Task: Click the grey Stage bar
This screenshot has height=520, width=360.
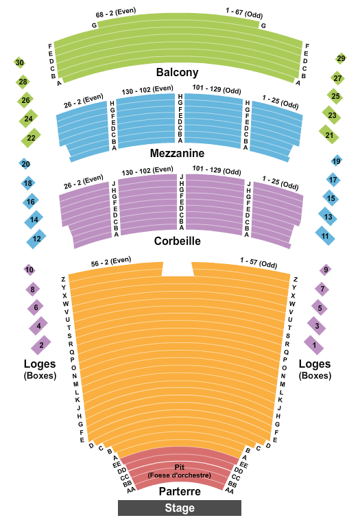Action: pos(180,508)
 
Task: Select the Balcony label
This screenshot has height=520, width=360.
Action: pos(178,72)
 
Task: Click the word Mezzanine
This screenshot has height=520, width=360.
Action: pos(177,153)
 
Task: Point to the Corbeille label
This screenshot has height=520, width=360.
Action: pos(178,241)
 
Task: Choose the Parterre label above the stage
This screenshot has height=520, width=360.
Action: pos(180,491)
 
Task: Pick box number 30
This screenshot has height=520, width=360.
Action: pos(20,62)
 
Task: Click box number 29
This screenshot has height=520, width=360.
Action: pos(341,59)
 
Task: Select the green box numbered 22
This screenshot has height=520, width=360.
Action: pos(31,138)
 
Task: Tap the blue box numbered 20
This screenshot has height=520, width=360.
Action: pos(25,164)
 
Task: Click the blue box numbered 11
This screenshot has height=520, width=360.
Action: pos(325,236)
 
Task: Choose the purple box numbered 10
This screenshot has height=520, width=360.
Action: pos(29,270)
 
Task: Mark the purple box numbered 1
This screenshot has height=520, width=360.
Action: pos(314,345)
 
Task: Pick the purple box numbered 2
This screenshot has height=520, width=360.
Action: pos(41,345)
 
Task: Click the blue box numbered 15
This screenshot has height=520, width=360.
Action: pos(331,198)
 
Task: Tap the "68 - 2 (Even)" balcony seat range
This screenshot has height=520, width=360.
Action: pos(116,13)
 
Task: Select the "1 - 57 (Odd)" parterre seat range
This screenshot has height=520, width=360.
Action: pos(259,263)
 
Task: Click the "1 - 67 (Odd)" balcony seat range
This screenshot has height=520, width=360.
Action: pos(244,13)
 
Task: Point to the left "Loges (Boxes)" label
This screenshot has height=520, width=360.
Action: pos(40,369)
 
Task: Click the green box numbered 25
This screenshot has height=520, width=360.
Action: pos(335,96)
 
